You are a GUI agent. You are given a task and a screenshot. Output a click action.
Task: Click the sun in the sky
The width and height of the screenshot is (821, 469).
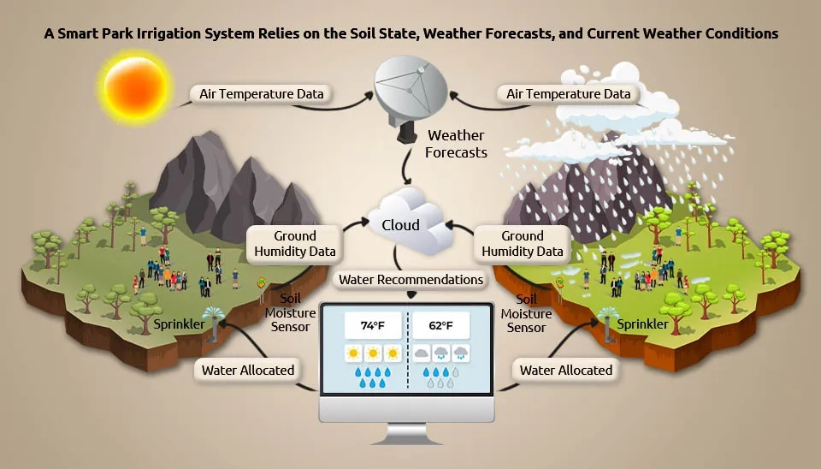coord(136,87)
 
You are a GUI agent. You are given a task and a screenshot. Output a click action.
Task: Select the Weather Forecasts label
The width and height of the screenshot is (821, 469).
coord(456,144)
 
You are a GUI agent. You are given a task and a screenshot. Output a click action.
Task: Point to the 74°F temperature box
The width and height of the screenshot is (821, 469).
coord(373,325)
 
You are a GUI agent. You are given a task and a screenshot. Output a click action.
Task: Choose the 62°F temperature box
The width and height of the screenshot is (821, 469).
coord(441,325)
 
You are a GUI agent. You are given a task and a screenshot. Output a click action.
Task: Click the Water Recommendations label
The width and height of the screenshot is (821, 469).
coord(410,280)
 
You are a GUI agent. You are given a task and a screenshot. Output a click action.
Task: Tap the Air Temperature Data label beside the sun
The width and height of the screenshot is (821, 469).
coord(262,94)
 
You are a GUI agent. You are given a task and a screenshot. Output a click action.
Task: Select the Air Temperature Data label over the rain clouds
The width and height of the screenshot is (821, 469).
coord(568,94)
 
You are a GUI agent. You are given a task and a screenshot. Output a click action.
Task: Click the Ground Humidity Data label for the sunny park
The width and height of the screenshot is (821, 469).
coord(295,244)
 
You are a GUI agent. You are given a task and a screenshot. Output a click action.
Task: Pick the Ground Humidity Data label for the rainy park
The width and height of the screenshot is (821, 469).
coord(522,244)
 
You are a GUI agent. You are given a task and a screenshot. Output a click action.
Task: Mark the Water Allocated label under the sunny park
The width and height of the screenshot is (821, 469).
coord(248,371)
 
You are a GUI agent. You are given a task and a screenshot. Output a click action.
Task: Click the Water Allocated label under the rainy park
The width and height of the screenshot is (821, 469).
coord(565,371)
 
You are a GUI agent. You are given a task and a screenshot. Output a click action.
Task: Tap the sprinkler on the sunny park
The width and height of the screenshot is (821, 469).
coord(214,324)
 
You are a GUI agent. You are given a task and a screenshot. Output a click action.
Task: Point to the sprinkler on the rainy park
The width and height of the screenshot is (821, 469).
coord(608,324)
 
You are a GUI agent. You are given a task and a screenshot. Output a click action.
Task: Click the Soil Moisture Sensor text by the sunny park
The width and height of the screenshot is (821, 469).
coord(290,313)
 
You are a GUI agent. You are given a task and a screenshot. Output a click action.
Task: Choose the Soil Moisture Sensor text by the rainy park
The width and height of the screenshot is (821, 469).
coord(526,313)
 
